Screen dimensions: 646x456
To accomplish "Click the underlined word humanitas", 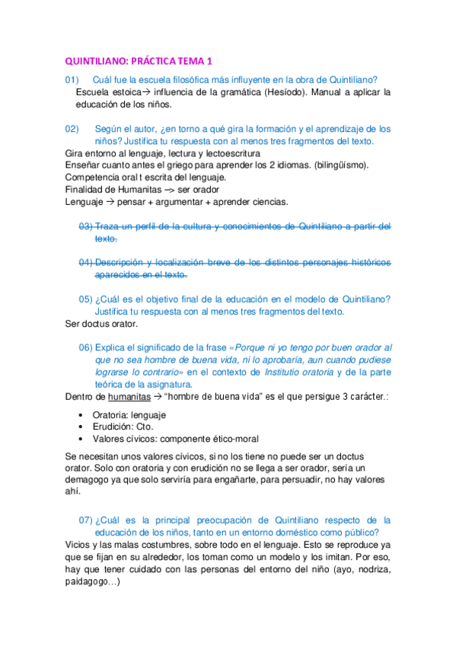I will pyautogui.click(x=129, y=397).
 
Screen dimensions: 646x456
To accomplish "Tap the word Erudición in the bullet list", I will pyautogui.click(x=115, y=427).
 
